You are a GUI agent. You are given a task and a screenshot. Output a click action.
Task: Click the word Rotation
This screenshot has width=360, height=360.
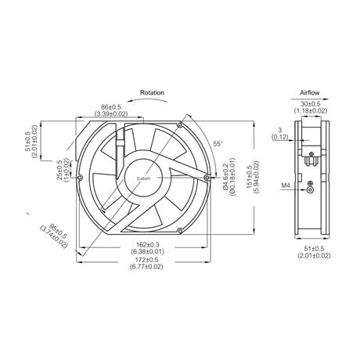tap(152, 92)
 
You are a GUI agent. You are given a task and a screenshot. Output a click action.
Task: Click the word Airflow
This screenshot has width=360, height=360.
tap(309, 92)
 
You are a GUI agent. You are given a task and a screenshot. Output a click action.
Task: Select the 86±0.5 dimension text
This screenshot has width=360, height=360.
tap(111, 107)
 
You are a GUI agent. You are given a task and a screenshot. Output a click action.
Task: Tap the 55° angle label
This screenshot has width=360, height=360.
tap(218, 143)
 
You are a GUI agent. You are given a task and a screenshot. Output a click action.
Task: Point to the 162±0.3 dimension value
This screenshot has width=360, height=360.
tap(148, 245)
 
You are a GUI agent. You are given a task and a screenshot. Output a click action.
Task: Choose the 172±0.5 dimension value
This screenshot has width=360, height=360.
tap(148, 260)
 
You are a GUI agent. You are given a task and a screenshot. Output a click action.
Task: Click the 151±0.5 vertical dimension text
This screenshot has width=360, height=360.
tap(249, 178)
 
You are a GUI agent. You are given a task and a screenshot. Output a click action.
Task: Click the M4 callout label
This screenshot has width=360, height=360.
tap(286, 185)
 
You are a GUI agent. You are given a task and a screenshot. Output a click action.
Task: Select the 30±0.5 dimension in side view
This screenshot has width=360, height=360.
tap(311, 104)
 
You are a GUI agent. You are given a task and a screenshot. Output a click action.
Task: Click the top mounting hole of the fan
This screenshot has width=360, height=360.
tap(179, 124)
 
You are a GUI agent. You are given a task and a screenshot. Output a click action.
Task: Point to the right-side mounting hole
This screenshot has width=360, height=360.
tap(207, 178)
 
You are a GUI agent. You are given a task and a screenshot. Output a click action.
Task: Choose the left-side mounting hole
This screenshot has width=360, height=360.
tap(80, 178)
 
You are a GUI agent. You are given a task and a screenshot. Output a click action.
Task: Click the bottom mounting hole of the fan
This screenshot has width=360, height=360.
tap(179, 231)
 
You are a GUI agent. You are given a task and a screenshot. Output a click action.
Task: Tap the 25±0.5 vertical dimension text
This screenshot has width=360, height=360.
tap(59, 170)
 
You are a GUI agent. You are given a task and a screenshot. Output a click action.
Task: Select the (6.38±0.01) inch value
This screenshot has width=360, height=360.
tap(148, 252)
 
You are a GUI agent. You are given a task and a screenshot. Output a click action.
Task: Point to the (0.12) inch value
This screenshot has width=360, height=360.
tap(280, 136)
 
